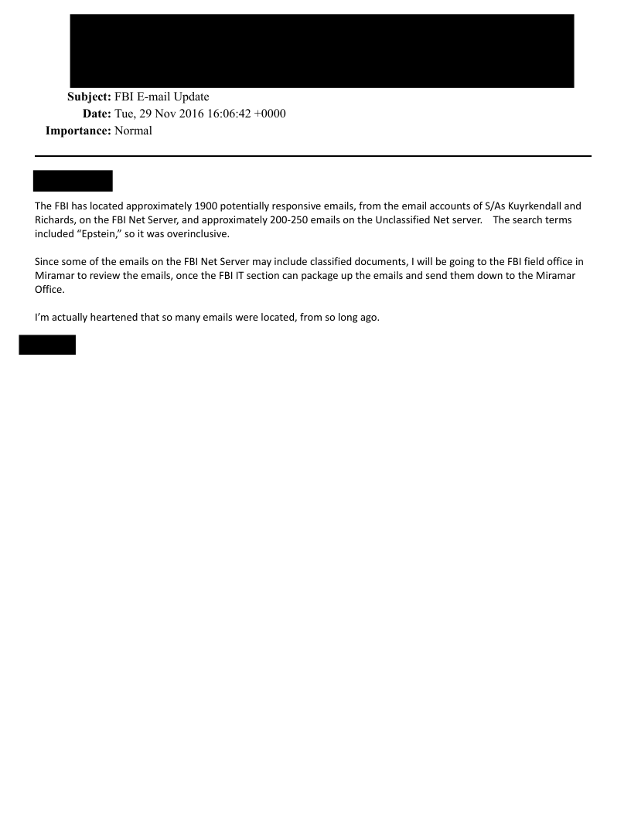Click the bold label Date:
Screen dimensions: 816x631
point(97,114)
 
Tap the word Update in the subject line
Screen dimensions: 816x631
point(190,97)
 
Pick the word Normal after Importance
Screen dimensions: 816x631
point(133,131)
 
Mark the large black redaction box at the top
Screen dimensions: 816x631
point(322,50)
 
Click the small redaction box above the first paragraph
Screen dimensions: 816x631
point(73,181)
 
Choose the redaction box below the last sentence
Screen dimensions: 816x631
point(47,345)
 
